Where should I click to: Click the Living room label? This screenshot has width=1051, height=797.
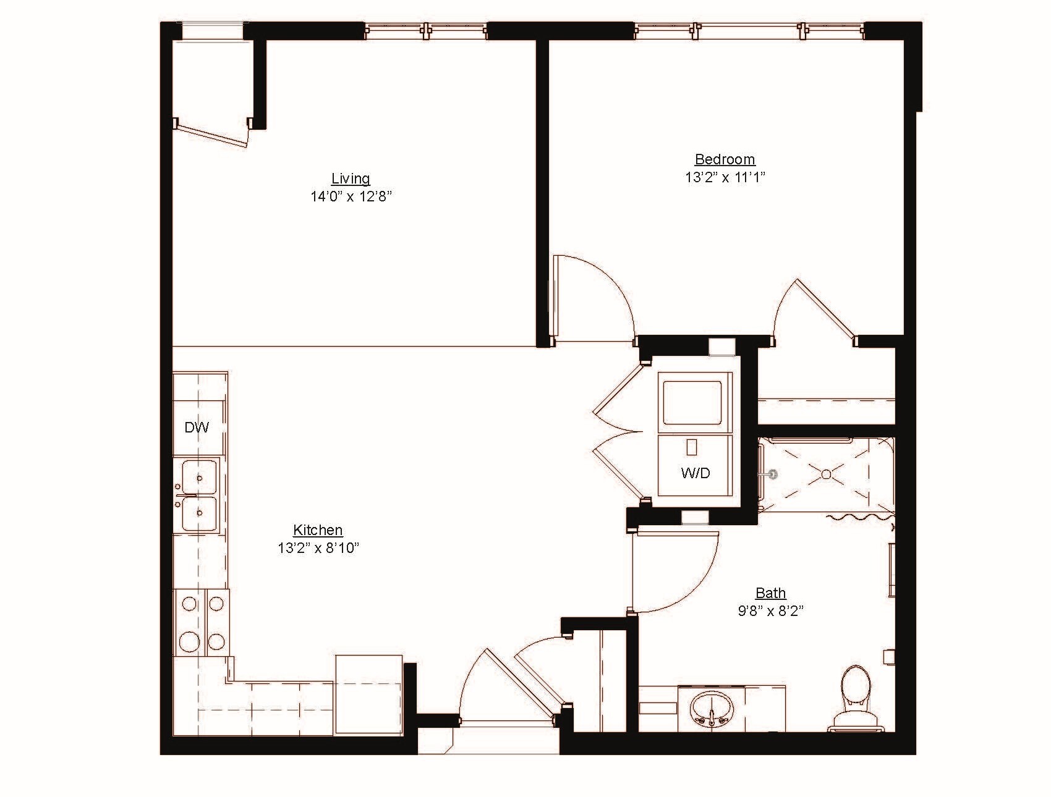pyautogui.click(x=351, y=179)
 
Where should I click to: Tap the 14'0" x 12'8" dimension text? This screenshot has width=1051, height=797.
pyautogui.click(x=351, y=197)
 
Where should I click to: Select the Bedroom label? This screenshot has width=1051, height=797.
pyautogui.click(x=725, y=159)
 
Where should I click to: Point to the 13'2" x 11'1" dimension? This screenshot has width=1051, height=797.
pyautogui.click(x=725, y=177)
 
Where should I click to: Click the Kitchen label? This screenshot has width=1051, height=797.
pyautogui.click(x=318, y=529)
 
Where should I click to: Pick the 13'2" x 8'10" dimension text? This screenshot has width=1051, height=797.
pyautogui.click(x=318, y=547)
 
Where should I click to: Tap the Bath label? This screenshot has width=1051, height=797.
pyautogui.click(x=770, y=593)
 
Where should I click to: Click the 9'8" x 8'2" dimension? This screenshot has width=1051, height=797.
pyautogui.click(x=770, y=611)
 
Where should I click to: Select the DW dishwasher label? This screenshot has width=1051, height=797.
pyautogui.click(x=197, y=427)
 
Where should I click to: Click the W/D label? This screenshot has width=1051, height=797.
pyautogui.click(x=695, y=473)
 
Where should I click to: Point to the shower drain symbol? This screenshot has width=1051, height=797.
pyautogui.click(x=826, y=474)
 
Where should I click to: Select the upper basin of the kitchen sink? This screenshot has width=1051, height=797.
pyautogui.click(x=199, y=477)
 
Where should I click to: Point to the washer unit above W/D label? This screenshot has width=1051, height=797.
pyautogui.click(x=692, y=402)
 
